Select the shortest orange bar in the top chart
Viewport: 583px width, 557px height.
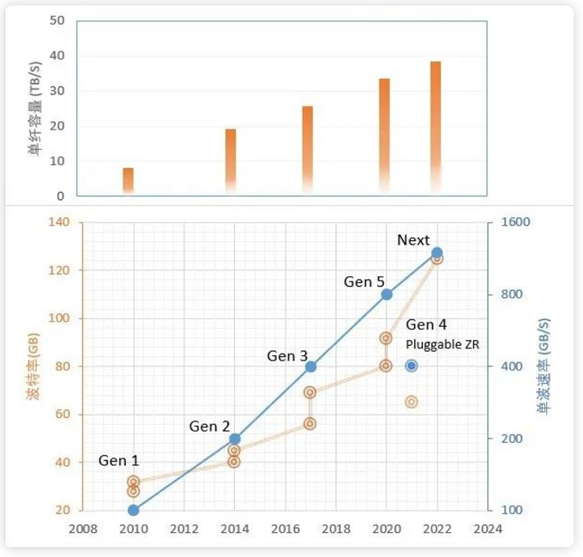click(x=128, y=179)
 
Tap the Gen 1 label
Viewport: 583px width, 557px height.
click(x=118, y=461)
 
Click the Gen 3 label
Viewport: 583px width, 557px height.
click(x=286, y=355)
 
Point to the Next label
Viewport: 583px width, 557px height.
click(x=413, y=239)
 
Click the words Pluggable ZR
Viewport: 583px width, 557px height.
click(x=442, y=344)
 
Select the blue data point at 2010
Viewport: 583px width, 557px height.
click(x=133, y=510)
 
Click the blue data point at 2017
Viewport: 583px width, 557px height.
click(x=310, y=366)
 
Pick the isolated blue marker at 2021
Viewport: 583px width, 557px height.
click(x=412, y=366)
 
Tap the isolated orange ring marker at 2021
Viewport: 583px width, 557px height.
click(x=412, y=402)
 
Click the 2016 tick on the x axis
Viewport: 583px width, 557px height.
click(x=285, y=529)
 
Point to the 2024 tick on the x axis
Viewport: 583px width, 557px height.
click(x=488, y=529)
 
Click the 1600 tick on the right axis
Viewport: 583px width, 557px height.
click(x=516, y=222)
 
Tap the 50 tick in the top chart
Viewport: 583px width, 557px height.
click(x=57, y=21)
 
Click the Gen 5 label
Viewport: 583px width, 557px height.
click(x=364, y=281)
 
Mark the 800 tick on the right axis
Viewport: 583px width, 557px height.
click(x=513, y=294)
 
